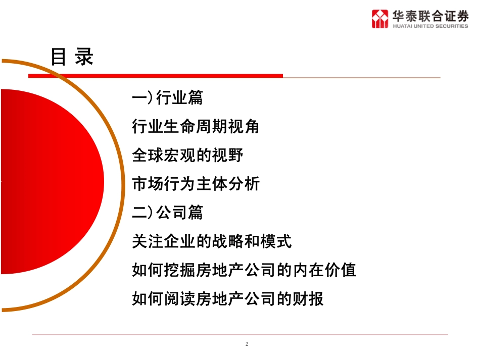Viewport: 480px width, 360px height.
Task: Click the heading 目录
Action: click(72, 57)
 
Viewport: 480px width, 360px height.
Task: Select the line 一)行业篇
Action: click(167, 97)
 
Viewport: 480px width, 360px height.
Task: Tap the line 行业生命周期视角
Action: click(196, 126)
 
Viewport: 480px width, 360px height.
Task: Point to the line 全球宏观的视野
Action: click(188, 155)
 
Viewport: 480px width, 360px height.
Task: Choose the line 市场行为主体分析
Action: click(196, 184)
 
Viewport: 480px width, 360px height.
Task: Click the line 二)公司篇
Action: click(167, 213)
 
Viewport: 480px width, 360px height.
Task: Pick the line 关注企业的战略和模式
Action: click(212, 241)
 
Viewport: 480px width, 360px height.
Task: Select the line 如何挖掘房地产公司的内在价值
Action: click(244, 270)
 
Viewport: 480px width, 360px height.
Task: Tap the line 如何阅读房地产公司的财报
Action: click(228, 299)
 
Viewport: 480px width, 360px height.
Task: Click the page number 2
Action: click(247, 344)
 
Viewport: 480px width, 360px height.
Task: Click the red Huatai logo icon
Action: click(380, 19)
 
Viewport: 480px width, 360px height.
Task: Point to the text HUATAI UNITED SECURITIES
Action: click(430, 26)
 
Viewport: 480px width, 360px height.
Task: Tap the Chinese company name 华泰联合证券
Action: click(430, 16)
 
